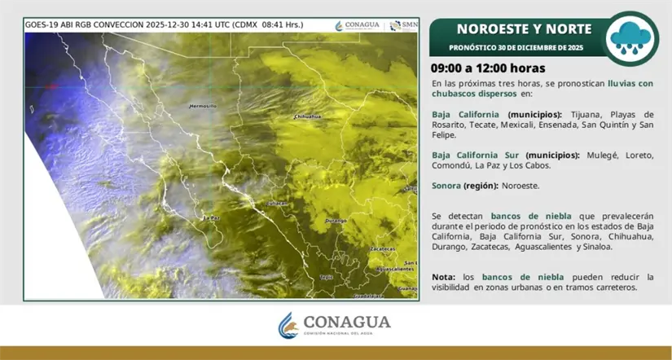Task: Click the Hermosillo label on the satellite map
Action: tap(202, 107)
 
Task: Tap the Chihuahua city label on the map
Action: tap(306, 116)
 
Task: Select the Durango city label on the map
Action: tap(336, 220)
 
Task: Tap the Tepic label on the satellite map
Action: tap(327, 276)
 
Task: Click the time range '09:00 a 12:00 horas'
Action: tap(488, 68)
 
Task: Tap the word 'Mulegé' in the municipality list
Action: tap(603, 155)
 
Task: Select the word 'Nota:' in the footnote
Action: tap(444, 277)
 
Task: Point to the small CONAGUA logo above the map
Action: tap(358, 25)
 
